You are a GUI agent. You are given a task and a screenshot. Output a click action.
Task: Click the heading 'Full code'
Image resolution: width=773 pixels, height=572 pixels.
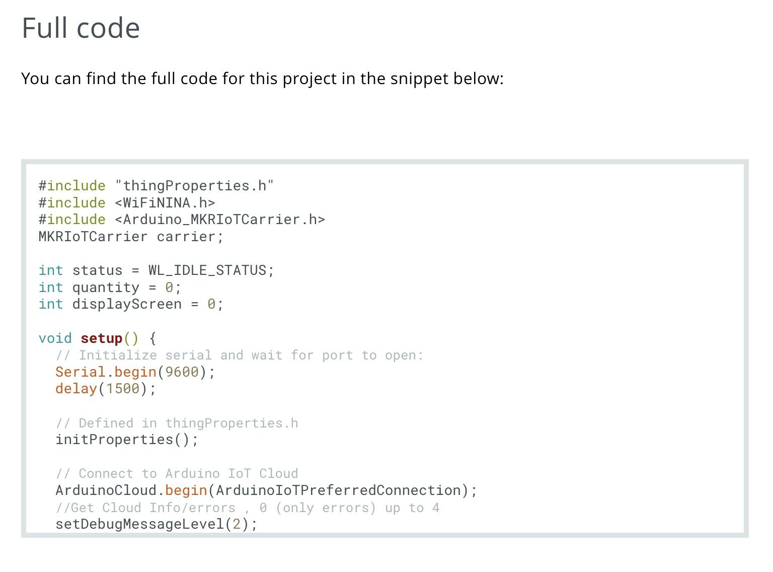(x=81, y=28)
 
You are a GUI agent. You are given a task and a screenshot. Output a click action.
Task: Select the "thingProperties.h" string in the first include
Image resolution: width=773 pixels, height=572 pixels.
(x=194, y=186)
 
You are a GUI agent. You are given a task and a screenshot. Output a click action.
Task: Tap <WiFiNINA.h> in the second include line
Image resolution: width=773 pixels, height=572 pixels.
(x=165, y=202)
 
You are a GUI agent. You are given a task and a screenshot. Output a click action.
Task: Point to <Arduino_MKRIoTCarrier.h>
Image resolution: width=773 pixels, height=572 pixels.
(x=220, y=220)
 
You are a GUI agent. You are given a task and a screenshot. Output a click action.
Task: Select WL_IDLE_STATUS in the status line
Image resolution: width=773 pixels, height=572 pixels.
(x=207, y=270)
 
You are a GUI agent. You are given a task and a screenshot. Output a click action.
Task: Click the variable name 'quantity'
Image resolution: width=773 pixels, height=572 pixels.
(x=106, y=288)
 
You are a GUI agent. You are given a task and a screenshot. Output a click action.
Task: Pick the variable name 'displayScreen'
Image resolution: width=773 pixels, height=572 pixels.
(x=127, y=304)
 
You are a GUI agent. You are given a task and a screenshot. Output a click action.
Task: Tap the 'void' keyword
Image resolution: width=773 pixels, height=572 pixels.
(x=55, y=338)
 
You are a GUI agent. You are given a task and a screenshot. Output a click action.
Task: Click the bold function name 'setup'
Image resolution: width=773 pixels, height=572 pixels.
(x=102, y=339)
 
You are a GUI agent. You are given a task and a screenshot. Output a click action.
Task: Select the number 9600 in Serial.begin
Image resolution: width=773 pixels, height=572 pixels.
(x=182, y=372)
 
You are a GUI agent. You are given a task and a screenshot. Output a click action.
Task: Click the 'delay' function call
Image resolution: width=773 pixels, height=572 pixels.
(x=76, y=389)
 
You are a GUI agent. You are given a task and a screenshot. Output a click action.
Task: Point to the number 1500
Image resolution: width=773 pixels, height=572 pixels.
(x=123, y=389)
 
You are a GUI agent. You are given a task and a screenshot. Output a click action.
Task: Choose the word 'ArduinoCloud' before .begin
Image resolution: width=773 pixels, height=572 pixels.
(x=106, y=490)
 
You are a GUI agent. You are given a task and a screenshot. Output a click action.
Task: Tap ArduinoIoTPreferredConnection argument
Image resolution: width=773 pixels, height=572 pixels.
(x=338, y=490)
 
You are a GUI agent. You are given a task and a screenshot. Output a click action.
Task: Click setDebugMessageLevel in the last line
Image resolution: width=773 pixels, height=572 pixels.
(x=139, y=524)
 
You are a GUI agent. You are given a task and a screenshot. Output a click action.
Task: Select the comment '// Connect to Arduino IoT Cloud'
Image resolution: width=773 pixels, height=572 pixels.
(x=177, y=473)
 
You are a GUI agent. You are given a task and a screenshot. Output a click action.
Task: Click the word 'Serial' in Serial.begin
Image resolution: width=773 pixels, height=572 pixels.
(x=81, y=372)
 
